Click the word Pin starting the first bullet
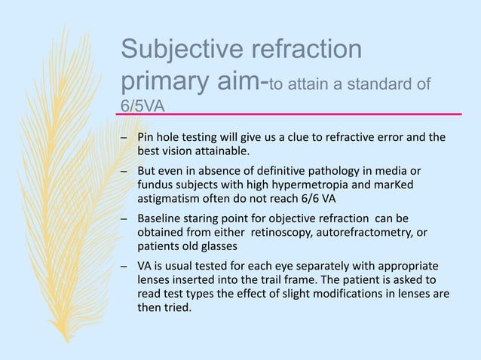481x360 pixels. point(145,138)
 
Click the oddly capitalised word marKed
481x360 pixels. point(393,185)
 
